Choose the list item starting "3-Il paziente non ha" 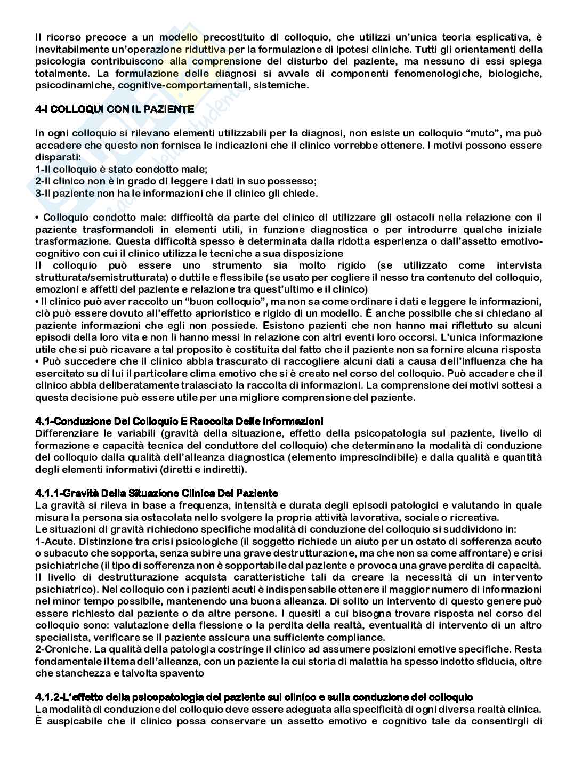[176, 194]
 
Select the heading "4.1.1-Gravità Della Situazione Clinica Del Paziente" [157, 493]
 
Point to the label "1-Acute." [53, 541]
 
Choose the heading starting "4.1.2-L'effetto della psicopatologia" [254, 697]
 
